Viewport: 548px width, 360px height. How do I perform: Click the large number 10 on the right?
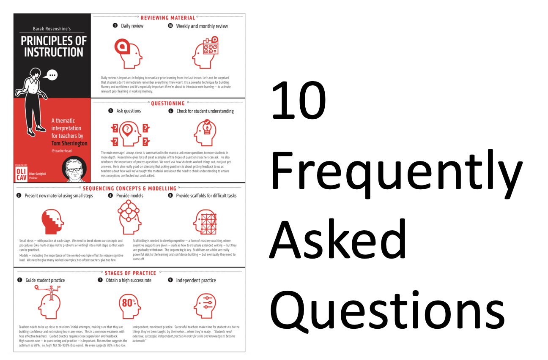[299, 101]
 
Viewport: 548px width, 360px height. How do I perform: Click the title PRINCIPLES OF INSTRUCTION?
[54, 46]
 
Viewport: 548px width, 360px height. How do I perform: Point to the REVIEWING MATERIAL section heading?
[168, 18]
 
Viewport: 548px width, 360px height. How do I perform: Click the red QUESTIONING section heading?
[168, 103]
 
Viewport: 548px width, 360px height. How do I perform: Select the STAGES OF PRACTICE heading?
[130, 273]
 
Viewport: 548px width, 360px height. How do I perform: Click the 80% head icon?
[129, 304]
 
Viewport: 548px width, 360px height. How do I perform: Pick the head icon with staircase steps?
[52, 221]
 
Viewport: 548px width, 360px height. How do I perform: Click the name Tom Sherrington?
[69, 143]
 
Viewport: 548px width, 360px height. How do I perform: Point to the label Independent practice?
[196, 281]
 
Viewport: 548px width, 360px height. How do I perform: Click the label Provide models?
[130, 196]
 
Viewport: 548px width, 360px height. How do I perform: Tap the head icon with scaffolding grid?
[205, 221]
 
